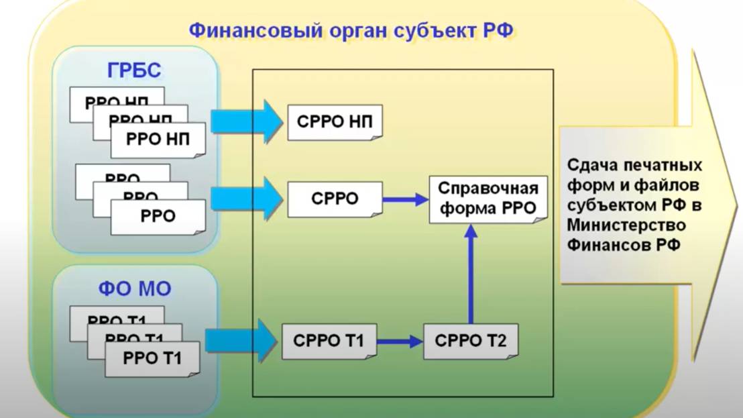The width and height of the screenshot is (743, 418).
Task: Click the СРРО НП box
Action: (x=335, y=122)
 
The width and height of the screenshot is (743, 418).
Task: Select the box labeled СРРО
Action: (x=335, y=199)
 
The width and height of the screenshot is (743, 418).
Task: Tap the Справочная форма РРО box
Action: (x=488, y=199)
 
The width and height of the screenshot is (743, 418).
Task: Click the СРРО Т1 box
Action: (x=329, y=341)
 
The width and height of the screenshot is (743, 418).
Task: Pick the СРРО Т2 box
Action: (x=470, y=341)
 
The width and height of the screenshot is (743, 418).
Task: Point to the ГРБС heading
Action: (x=134, y=70)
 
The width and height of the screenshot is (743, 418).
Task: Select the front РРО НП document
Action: (x=158, y=140)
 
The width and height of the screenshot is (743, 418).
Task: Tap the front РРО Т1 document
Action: (x=152, y=358)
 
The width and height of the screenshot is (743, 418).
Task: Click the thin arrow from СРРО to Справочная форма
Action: (x=406, y=199)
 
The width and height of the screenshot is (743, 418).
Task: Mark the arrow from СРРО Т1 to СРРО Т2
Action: (x=400, y=342)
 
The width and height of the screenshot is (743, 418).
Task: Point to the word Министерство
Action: (x=626, y=224)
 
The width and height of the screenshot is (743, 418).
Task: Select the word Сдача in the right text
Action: (x=590, y=165)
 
